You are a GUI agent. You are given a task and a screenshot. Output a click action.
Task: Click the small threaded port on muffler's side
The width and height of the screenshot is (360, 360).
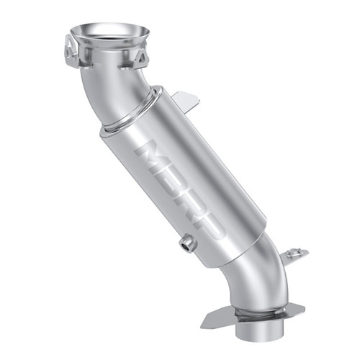187,245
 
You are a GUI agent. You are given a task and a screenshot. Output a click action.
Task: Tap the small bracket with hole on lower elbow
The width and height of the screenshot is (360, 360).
293,253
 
